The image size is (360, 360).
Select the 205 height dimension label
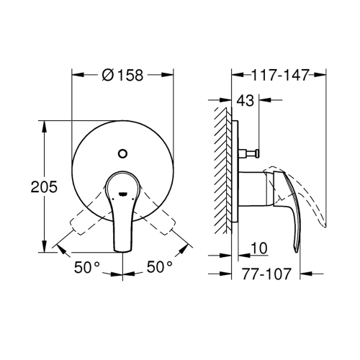[x=23, y=186]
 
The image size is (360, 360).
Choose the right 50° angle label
[x=160, y=267]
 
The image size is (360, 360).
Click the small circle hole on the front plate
[x=124, y=153]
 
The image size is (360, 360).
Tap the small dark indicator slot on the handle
[x=124, y=193]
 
